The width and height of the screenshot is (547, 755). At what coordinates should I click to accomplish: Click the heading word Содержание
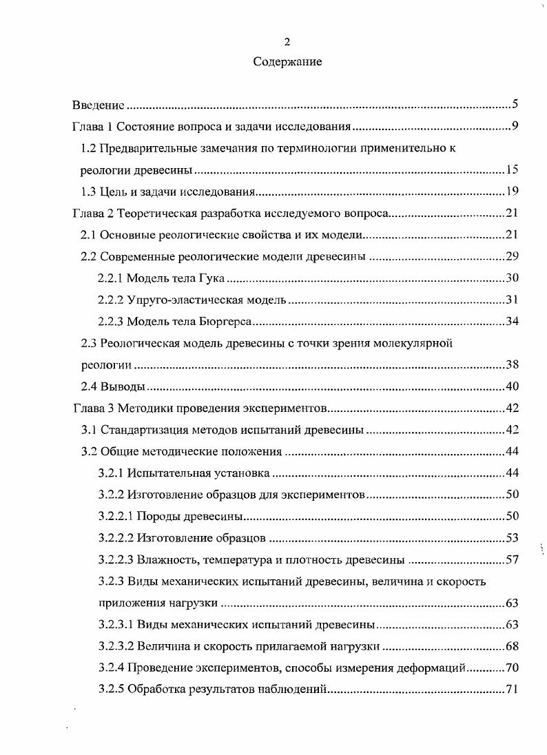(x=287, y=62)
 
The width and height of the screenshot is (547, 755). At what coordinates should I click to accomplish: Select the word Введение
(x=99, y=105)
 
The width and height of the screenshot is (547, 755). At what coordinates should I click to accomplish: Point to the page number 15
(x=512, y=170)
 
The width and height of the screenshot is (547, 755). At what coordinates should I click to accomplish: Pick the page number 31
(x=512, y=300)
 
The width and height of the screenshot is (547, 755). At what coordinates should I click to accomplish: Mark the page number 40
(x=512, y=386)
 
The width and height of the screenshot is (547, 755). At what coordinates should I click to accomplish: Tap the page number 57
(x=512, y=559)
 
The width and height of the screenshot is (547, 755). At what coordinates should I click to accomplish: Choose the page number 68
(x=512, y=646)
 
